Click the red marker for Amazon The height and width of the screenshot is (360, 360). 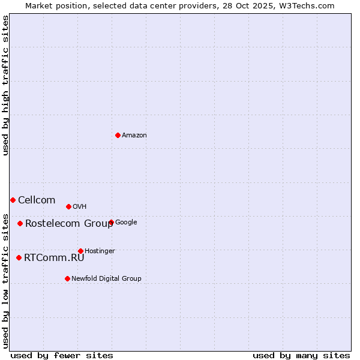(118, 135)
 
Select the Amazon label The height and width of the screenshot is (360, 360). (134, 136)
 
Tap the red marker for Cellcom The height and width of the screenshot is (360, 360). (13, 200)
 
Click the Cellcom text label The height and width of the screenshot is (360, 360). (37, 200)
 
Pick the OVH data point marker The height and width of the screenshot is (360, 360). (68, 206)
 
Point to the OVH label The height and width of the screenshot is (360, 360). (80, 207)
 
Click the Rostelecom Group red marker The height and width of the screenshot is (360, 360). (20, 223)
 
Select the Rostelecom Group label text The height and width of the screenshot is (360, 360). (69, 224)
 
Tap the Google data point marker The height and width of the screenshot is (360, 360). (111, 222)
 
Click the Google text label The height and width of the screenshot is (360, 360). (126, 223)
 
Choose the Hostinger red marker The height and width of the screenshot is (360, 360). (80, 251)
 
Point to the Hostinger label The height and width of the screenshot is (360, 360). (100, 251)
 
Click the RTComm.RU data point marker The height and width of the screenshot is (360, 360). (19, 257)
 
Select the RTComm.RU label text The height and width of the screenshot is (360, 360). (54, 258)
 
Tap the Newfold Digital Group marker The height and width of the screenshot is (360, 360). (67, 278)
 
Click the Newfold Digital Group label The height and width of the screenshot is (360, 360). (106, 279)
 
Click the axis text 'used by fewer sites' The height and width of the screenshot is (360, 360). (62, 355)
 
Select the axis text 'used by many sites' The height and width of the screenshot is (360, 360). (301, 355)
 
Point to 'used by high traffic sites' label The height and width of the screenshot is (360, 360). (5, 85)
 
